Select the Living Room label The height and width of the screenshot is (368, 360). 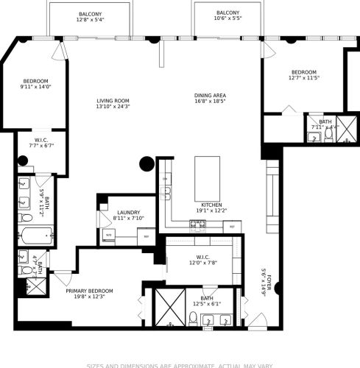(x=113, y=104)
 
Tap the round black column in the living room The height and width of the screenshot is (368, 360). (x=147, y=164)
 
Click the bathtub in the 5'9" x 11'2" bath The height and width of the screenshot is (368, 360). (x=33, y=237)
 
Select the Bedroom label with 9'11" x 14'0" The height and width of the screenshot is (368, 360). (x=35, y=84)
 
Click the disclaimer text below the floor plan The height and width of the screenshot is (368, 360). (x=180, y=364)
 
